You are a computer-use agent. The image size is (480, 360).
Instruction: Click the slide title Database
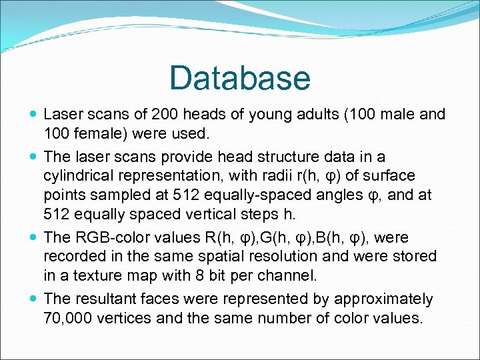pos(240,78)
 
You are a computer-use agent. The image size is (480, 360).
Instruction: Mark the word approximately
pos(384,299)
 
